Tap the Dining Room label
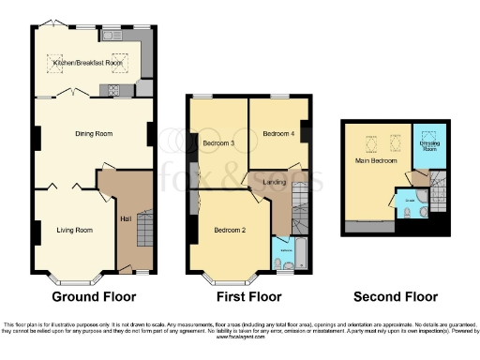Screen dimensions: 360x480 [94, 134]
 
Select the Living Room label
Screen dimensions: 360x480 [74, 229]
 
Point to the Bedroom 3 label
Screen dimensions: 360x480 [218, 143]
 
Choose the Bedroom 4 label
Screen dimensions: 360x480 [277, 135]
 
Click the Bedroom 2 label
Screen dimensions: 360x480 [230, 231]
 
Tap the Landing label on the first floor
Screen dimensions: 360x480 [275, 182]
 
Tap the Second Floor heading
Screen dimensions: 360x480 [395, 297]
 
